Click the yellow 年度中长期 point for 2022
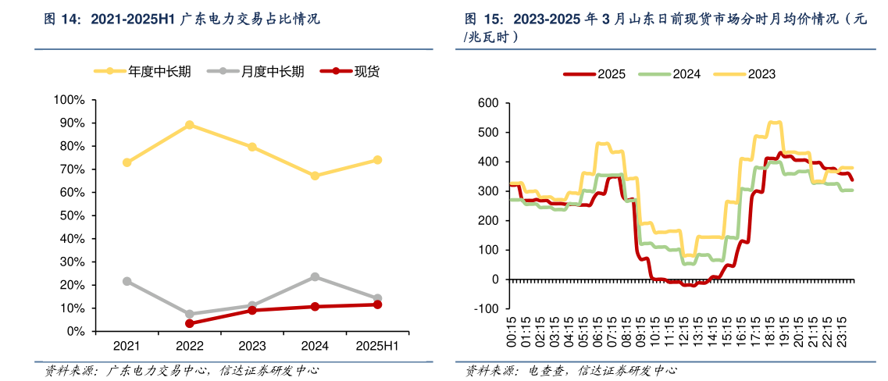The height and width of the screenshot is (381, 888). (x=190, y=125)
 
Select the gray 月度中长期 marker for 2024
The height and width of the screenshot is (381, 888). (x=315, y=276)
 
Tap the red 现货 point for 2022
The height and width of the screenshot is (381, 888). (x=190, y=323)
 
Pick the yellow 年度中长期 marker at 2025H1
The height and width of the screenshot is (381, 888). (x=377, y=160)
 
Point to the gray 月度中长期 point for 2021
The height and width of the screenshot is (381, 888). (x=127, y=281)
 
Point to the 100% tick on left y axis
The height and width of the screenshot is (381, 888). (x=70, y=100)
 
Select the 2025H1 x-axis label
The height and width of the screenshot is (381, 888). (x=377, y=346)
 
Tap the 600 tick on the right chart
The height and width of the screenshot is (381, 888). (x=488, y=103)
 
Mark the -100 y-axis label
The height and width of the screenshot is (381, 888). (x=486, y=308)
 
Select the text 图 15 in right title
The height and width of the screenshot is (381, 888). (x=483, y=18)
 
